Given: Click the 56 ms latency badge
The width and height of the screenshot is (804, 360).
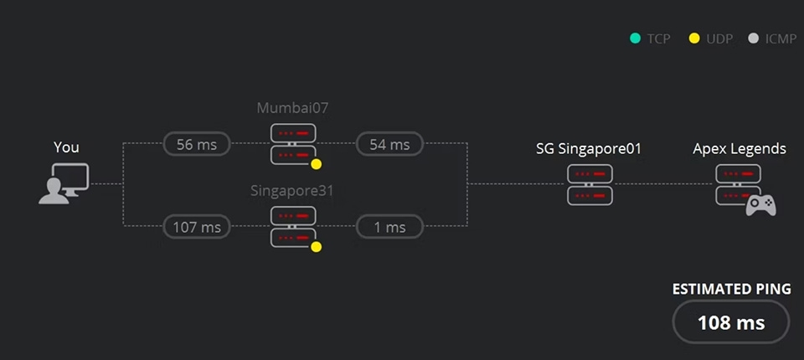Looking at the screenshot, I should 197,144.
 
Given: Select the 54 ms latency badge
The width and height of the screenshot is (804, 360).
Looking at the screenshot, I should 389,144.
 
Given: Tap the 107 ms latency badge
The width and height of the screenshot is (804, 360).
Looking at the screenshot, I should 197,226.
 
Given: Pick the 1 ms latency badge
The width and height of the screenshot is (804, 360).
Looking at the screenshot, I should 389,226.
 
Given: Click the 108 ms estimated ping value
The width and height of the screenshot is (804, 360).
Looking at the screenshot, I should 730,322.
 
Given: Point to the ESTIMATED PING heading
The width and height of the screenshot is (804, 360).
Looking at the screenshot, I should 731,289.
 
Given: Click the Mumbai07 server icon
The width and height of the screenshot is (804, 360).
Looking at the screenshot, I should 293,144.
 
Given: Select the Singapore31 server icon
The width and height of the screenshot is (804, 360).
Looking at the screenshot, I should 293,226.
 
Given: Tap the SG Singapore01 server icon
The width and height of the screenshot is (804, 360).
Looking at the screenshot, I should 590,184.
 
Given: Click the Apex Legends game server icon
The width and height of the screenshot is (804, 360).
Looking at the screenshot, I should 739,184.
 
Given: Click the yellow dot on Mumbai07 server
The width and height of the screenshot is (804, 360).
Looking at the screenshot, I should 317,164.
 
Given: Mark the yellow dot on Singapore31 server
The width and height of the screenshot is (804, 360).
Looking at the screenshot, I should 317,246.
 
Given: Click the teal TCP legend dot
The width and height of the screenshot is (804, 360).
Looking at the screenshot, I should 635,39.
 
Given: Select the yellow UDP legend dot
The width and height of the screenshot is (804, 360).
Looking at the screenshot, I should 694,39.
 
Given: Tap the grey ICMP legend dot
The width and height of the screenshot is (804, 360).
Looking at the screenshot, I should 753,39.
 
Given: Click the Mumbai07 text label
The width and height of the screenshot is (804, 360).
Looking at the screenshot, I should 292,108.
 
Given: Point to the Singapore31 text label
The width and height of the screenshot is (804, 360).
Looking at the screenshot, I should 292,190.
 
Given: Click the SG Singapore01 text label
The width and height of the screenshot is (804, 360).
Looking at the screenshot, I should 589,149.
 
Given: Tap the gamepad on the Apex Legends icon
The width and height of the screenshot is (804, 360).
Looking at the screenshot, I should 760,204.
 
